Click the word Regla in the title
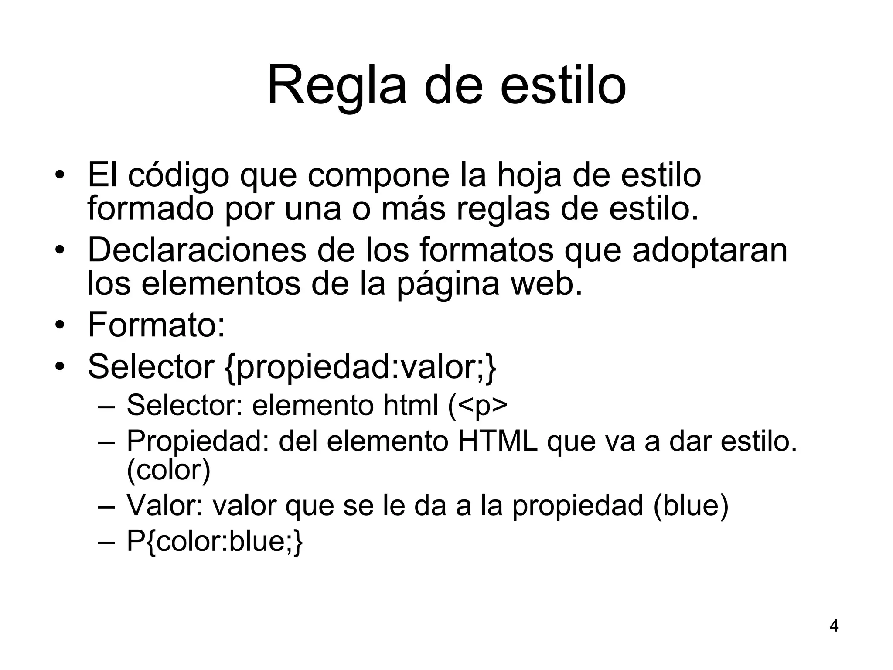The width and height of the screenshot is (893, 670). point(336,86)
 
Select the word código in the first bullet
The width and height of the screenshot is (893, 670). point(178,176)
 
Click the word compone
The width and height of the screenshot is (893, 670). point(378,176)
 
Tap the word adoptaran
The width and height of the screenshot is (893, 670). point(709,250)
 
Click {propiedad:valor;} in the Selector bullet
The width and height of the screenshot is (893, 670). point(361,367)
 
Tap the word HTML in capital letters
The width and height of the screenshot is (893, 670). point(498,441)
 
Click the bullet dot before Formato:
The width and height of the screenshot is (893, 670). point(60,325)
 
